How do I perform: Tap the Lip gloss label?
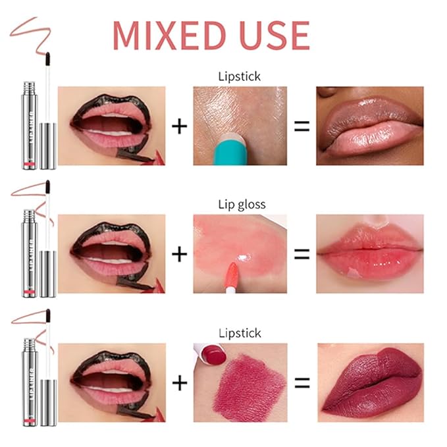point(242,204)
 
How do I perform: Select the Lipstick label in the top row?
point(239,76)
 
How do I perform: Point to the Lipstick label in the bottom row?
point(239,334)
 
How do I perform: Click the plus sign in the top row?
point(179,126)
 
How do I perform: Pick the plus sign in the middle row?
point(179,253)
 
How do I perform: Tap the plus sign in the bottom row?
point(179,382)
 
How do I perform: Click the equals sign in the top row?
point(302,126)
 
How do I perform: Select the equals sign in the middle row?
point(302,253)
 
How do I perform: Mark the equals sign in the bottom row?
point(302,382)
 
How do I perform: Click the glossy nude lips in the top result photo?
point(369,126)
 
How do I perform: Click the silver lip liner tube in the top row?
point(30,125)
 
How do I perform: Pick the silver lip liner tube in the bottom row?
point(30,382)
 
